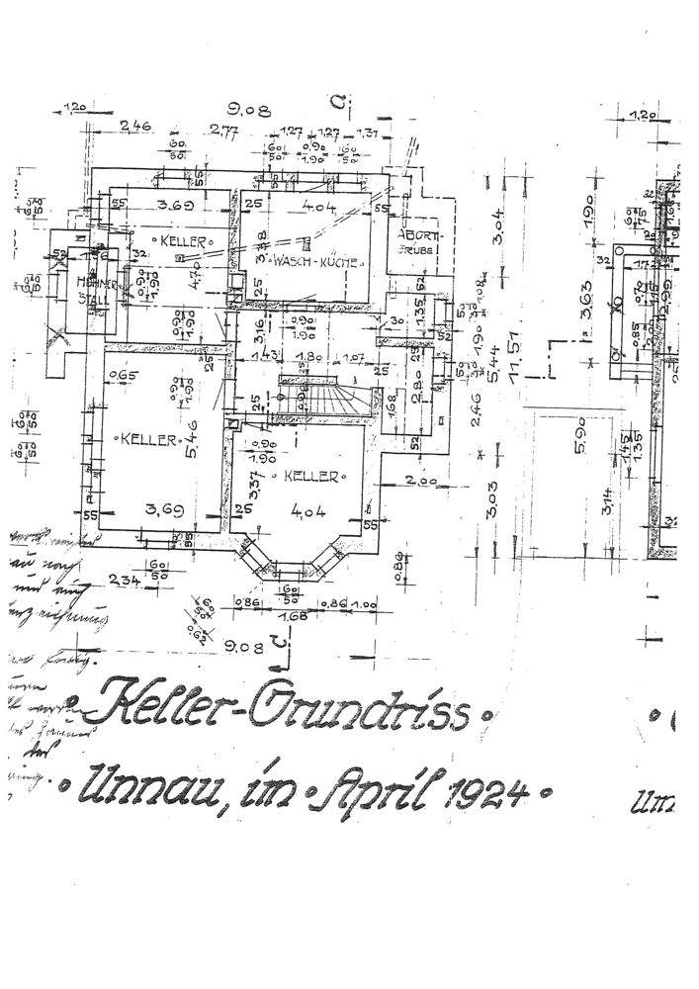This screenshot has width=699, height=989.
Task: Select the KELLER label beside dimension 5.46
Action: [149, 437]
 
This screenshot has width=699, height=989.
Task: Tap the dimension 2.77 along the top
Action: [227, 131]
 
